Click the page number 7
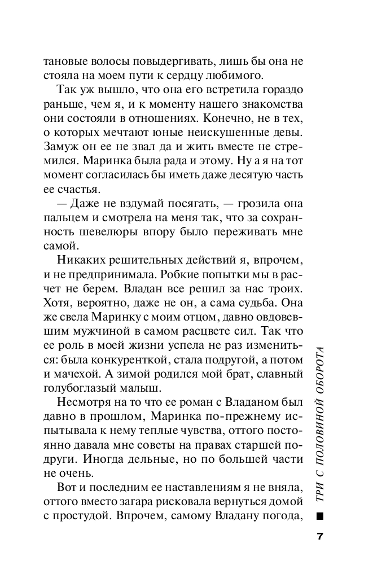click(x=319, y=536)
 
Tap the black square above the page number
click(x=320, y=515)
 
